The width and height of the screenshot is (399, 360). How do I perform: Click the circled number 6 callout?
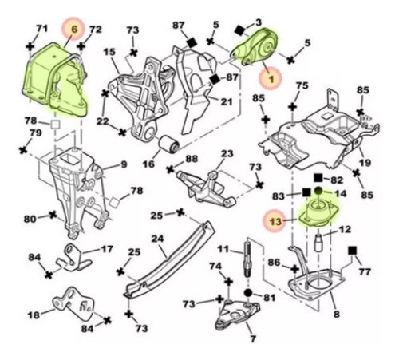(x=73, y=29)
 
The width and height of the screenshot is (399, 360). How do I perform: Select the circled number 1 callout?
(x=270, y=79)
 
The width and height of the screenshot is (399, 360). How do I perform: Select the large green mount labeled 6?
(x=57, y=73)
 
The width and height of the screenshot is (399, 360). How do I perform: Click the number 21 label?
(x=227, y=102)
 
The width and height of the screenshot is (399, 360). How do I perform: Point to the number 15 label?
(x=109, y=52)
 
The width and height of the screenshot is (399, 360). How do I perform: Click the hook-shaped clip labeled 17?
(x=77, y=256)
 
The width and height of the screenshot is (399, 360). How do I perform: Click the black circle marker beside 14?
(x=318, y=193)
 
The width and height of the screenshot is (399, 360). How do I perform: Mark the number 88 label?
(x=192, y=160)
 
